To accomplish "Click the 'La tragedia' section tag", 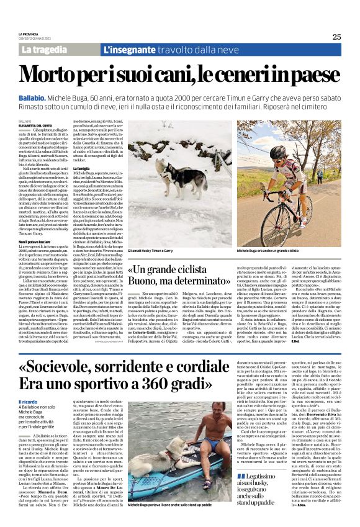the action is (x=43, y=48).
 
